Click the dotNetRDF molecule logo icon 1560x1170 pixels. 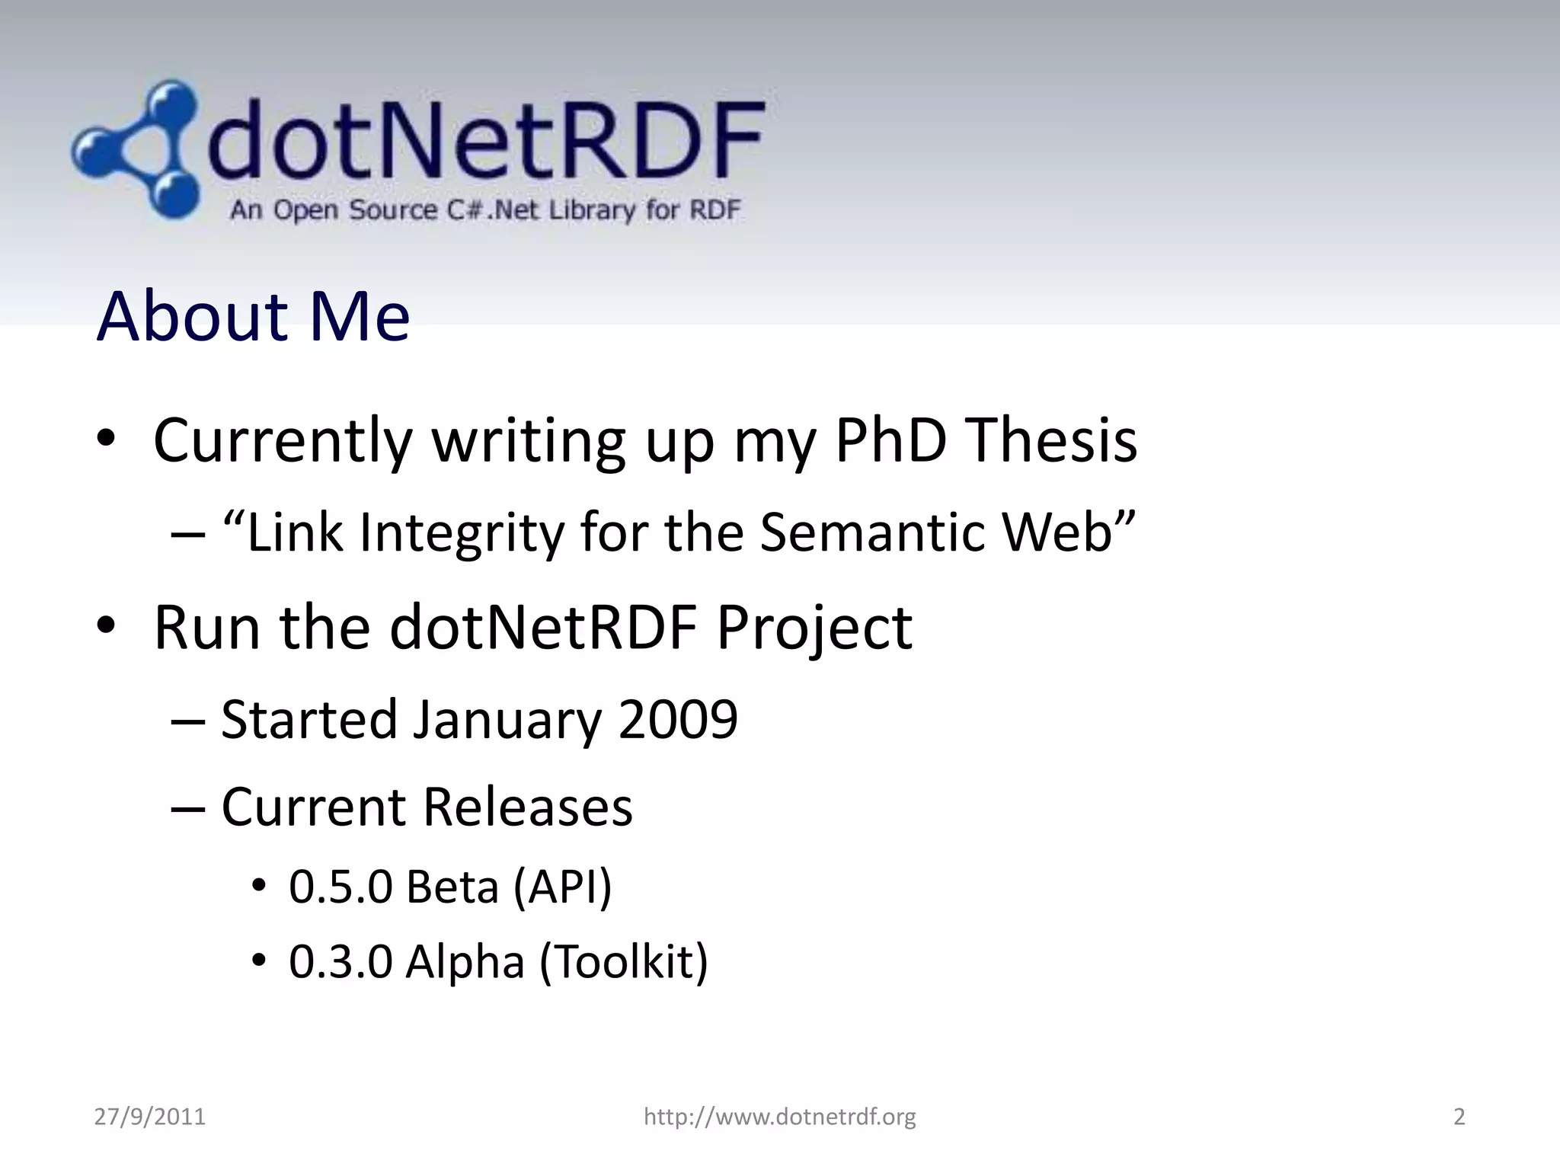[137, 150]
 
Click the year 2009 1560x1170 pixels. [678, 719]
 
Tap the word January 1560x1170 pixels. [507, 721]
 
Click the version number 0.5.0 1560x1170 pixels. [340, 887]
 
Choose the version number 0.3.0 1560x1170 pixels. [340, 961]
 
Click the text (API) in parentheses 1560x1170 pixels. [563, 887]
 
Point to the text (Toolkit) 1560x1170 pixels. [624, 961]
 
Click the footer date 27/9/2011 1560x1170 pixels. [150, 1117]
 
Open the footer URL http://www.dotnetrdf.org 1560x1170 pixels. [779, 1117]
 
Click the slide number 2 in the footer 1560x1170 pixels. [1459, 1117]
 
